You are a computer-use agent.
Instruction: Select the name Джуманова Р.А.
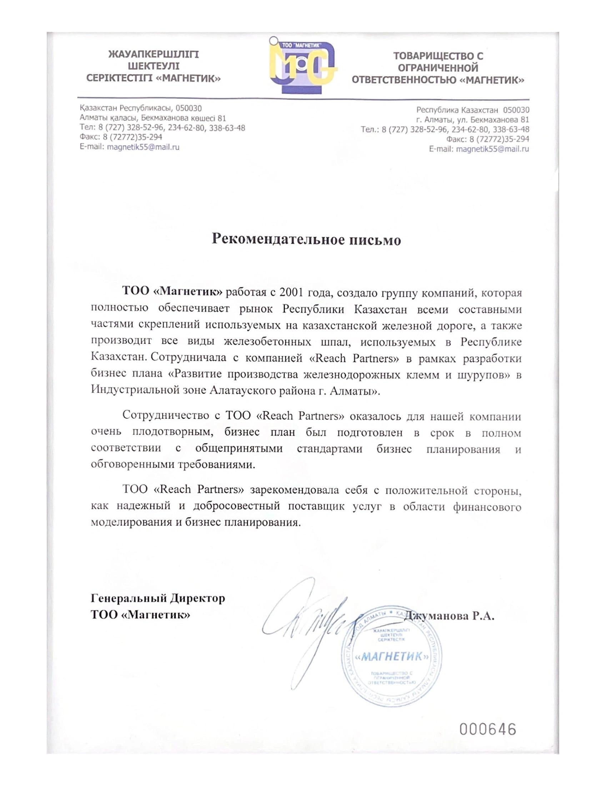pos(450,616)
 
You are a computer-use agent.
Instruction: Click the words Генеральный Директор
pos(158,598)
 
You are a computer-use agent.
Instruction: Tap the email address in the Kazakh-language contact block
pos(143,147)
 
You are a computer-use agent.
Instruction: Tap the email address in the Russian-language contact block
pos(492,149)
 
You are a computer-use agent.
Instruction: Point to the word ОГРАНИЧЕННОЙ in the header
pos(438,68)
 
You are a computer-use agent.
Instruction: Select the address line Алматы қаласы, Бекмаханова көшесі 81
pos(153,118)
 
